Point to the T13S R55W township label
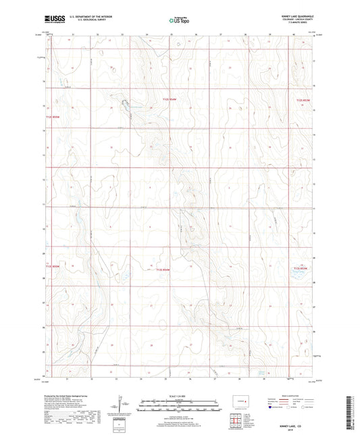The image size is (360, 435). [x=53, y=265]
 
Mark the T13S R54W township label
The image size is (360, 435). [x=165, y=270]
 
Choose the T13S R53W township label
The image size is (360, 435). [x=302, y=269]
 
